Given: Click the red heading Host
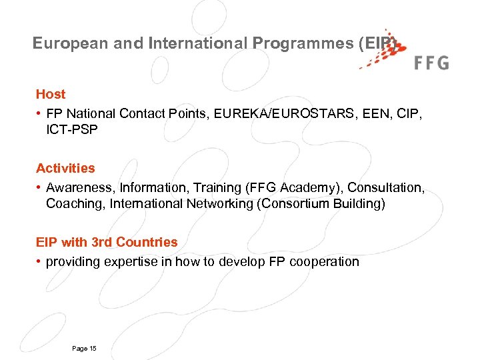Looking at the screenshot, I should (x=51, y=95).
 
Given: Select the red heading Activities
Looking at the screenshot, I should (x=65, y=169).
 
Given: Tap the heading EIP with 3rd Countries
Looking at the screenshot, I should (x=107, y=242).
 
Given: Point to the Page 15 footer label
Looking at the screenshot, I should (x=83, y=349).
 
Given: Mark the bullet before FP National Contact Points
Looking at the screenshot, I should (x=39, y=114).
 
